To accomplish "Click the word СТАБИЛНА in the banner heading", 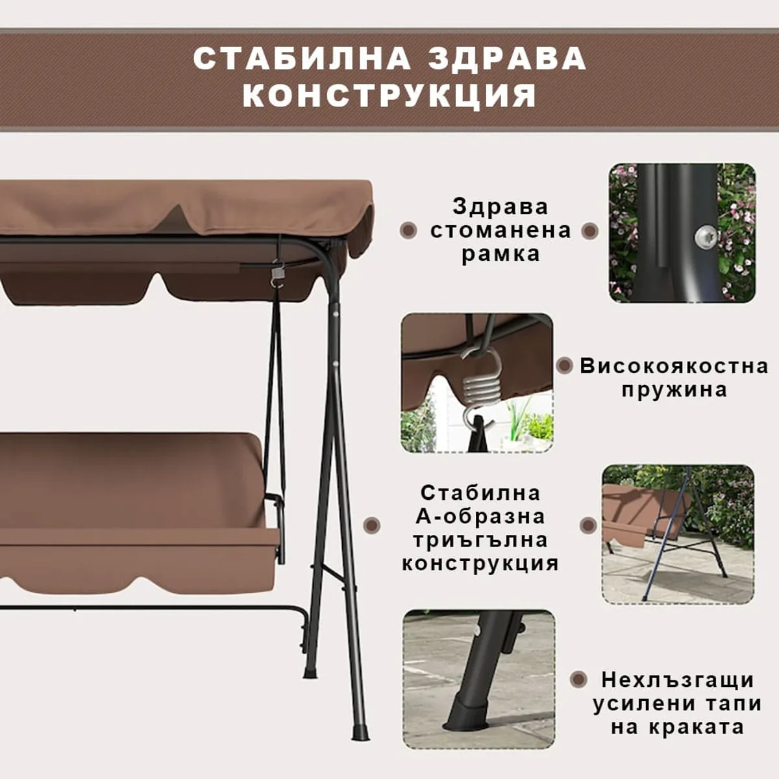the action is click(302, 58).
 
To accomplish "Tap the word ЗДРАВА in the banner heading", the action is click(507, 58).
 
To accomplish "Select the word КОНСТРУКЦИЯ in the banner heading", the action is click(389, 95).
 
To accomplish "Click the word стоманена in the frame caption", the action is click(501, 231).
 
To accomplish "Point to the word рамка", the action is click(501, 254).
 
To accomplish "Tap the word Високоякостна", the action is click(674, 366).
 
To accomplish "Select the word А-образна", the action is click(480, 517).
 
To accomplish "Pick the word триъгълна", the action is click(480, 541).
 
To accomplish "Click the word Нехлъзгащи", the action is click(678, 680).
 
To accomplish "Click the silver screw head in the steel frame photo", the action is click(706, 238).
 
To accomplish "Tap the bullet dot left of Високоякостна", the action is click(565, 365).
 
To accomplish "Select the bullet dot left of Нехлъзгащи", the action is click(579, 679).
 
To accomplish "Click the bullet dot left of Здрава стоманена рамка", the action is click(408, 230).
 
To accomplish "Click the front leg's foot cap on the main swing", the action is click(360, 732).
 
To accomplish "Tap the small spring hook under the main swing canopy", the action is click(277, 274).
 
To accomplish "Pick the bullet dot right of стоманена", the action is click(590, 231).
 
